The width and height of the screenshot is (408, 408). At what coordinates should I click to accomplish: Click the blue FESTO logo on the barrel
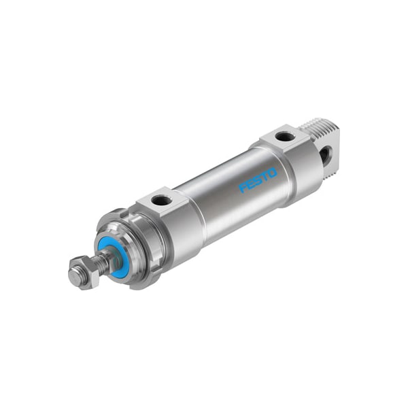[x=258, y=180]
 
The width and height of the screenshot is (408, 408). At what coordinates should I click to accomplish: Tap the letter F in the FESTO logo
[x=243, y=188]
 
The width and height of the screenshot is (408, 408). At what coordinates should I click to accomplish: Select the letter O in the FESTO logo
[x=273, y=173]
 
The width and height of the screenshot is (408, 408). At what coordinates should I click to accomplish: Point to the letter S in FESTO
[x=258, y=180]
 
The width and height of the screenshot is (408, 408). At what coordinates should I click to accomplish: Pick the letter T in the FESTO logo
[x=265, y=176]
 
